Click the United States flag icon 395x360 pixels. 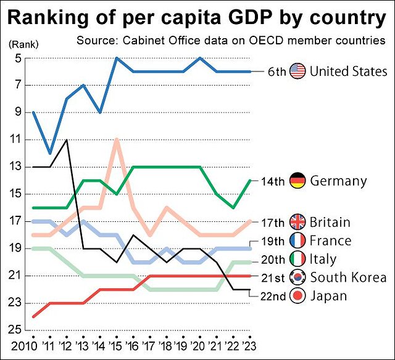point(298,72)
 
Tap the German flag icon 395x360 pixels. point(298,181)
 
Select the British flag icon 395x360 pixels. point(298,222)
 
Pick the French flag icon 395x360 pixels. point(298,240)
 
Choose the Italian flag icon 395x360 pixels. point(298,259)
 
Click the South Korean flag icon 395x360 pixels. point(298,277)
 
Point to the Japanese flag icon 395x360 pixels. point(298,296)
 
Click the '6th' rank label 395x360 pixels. point(276,72)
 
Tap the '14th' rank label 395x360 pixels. point(273,182)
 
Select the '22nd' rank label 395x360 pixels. point(272,297)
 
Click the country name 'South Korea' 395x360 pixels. point(348,277)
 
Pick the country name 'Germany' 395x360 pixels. point(338,181)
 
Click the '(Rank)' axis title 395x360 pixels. point(23,44)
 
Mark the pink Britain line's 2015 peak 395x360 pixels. point(116,140)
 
